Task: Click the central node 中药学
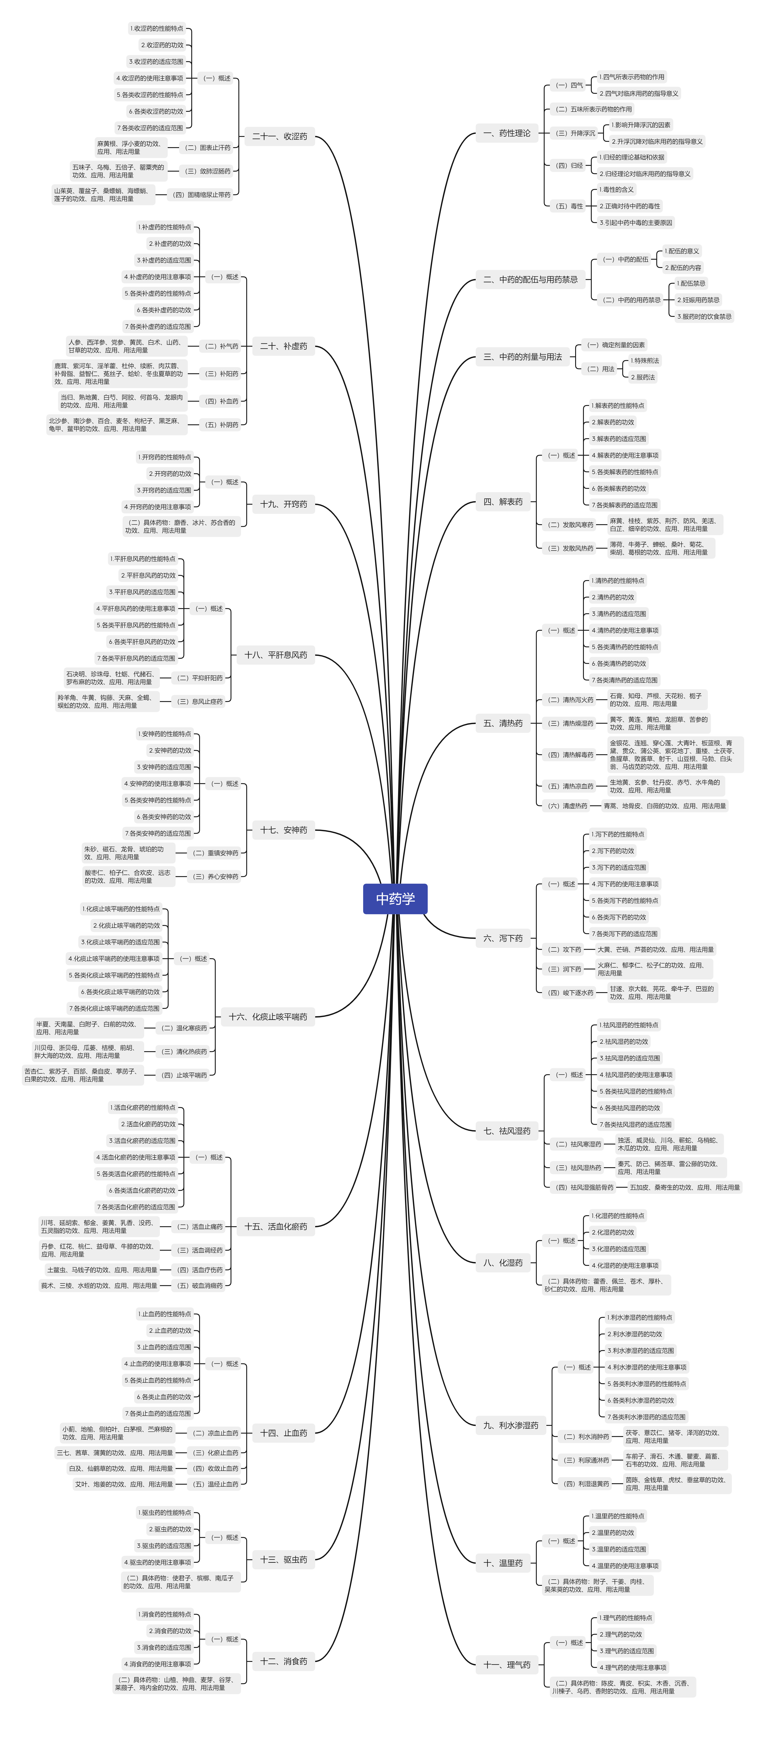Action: (395, 899)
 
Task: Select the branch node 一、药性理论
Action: (506, 133)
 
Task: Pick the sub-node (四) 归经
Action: (569, 165)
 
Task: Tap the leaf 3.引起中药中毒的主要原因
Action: (636, 223)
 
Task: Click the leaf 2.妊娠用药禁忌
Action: (698, 300)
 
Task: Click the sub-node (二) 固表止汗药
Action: (208, 147)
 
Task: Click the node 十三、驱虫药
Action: (283, 1560)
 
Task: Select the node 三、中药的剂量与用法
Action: (522, 357)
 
